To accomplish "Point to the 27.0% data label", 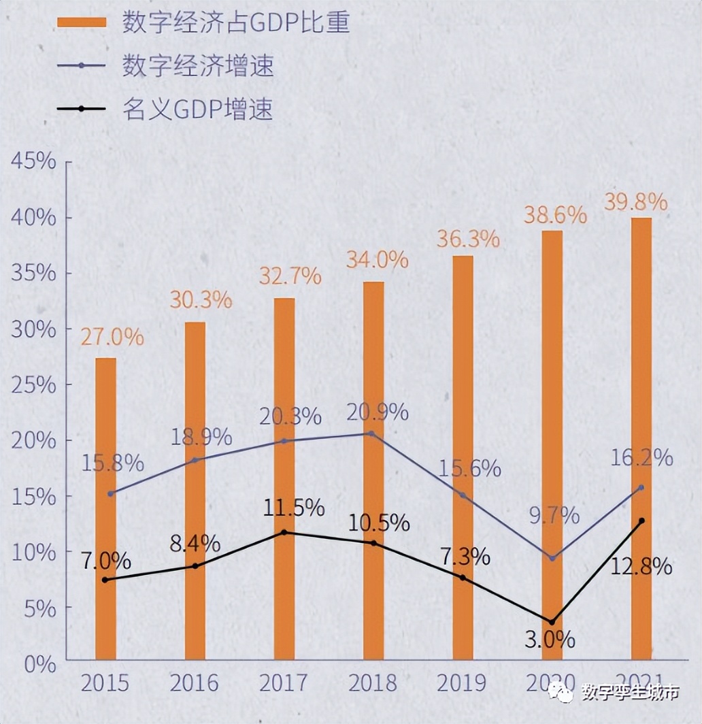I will pyautogui.click(x=113, y=336).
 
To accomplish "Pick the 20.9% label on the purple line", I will pyautogui.click(x=377, y=412).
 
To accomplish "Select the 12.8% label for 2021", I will pyautogui.click(x=641, y=566).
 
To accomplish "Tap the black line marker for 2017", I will pyautogui.click(x=284, y=532).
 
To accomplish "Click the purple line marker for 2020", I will pyautogui.click(x=552, y=558).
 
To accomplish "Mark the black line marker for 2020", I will pyautogui.click(x=552, y=622).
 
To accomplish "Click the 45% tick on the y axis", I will pyautogui.click(x=33, y=161).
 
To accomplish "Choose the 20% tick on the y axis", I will pyautogui.click(x=33, y=440).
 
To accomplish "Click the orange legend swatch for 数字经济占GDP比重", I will pyautogui.click(x=82, y=22).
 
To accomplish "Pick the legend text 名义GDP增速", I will pyautogui.click(x=197, y=109).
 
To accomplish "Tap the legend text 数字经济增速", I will pyautogui.click(x=197, y=66).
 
